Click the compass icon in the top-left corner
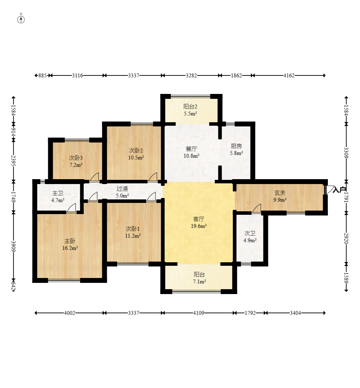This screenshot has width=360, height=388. (21, 19)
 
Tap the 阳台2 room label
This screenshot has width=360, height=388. (190, 107)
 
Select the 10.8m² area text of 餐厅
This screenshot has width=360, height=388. (192, 156)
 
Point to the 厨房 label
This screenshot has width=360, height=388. (236, 146)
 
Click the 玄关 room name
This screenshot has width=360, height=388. (280, 192)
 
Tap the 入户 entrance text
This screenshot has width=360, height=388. (339, 190)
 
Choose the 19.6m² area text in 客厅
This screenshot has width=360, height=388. (198, 226)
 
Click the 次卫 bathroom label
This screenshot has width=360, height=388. (250, 233)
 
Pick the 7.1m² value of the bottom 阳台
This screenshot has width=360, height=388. (199, 281)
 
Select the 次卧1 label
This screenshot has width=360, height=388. (133, 229)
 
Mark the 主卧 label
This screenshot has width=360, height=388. (70, 241)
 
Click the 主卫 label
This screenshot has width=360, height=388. (58, 193)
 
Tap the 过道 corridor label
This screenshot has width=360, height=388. (122, 189)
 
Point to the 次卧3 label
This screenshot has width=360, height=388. (76, 158)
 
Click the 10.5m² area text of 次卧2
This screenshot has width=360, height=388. (136, 158)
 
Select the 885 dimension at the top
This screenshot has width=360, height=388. (43, 75)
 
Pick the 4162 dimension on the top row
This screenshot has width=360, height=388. (289, 75)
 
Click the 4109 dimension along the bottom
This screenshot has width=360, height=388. (198, 313)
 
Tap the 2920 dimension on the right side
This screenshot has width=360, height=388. (346, 238)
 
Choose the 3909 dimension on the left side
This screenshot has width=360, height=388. (13, 246)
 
